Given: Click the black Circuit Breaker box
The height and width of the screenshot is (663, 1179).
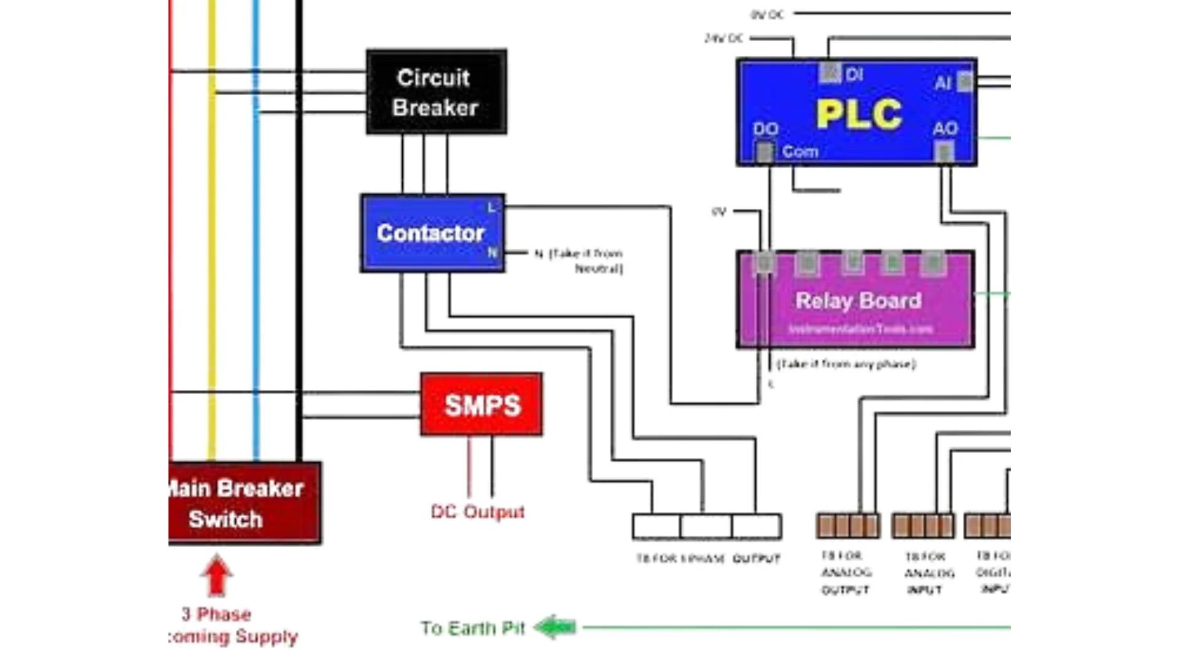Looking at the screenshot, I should click(436, 92).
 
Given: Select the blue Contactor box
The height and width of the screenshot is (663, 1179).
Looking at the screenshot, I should click(432, 233).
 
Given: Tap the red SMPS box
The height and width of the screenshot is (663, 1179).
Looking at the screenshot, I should click(481, 405).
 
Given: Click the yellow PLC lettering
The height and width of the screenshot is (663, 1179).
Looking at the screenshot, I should click(858, 114).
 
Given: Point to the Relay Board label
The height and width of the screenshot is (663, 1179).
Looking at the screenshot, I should click(858, 301).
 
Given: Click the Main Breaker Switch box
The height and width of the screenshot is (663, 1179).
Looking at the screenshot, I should click(244, 503).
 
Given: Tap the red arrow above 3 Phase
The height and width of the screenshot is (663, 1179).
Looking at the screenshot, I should click(216, 575).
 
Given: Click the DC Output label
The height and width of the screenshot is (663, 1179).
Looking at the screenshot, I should click(478, 511).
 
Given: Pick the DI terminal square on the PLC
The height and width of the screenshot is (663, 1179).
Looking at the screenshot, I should click(830, 72).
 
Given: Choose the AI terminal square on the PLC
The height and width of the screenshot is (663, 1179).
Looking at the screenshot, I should click(965, 81).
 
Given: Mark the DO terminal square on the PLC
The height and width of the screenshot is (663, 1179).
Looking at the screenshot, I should click(765, 152).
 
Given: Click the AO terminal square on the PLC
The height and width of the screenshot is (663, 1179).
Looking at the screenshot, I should click(944, 151).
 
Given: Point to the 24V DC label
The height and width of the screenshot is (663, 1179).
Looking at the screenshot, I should click(724, 38).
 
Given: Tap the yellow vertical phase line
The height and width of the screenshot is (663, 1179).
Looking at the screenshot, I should click(212, 246).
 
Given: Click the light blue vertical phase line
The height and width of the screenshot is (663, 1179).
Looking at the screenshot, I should click(256, 246).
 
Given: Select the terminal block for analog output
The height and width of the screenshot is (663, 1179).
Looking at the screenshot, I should click(848, 526).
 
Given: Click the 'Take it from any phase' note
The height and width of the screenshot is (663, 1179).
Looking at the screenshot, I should click(846, 364).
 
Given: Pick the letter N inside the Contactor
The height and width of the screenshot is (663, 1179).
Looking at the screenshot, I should click(492, 252).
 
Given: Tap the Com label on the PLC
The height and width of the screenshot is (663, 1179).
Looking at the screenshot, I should click(800, 152).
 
